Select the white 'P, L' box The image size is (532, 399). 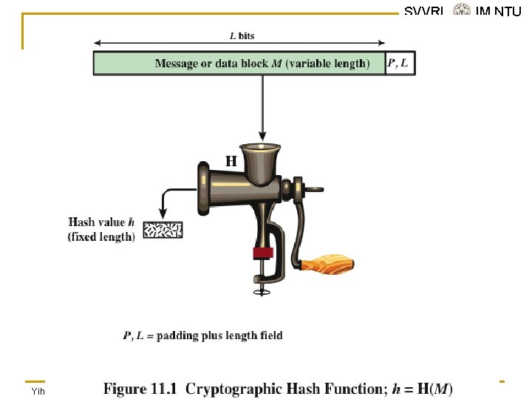coord(400,64)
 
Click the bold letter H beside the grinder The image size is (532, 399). coord(231,160)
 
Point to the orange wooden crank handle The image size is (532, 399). coord(328,262)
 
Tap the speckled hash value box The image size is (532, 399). coord(163,230)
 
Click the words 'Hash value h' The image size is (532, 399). coord(101,222)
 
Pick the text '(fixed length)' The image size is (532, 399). coord(101,237)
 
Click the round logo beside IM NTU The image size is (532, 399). coord(462,10)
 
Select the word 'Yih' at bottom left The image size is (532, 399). coord(38,391)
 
